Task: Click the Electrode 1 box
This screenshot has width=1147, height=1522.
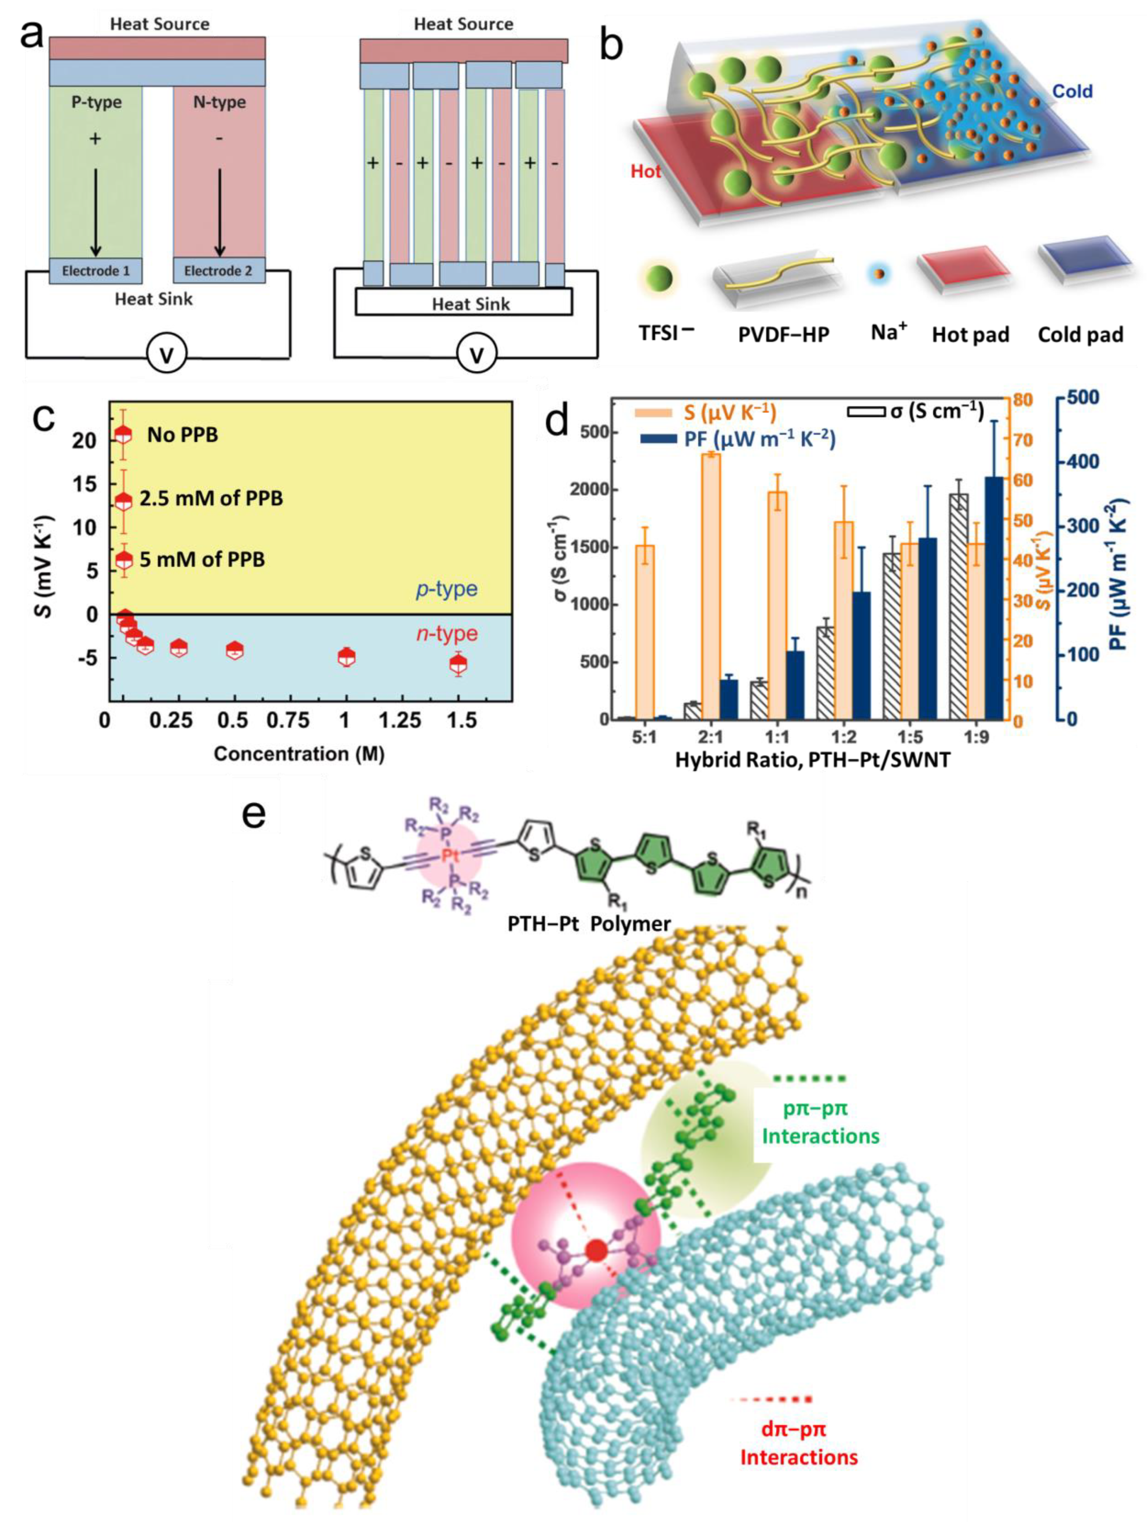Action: point(96,271)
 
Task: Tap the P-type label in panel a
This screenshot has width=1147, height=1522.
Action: point(96,103)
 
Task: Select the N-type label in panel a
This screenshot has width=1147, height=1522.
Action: point(219,103)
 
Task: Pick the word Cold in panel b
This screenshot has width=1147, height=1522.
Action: point(1072,91)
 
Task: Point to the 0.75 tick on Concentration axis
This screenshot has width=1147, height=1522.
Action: point(289,721)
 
